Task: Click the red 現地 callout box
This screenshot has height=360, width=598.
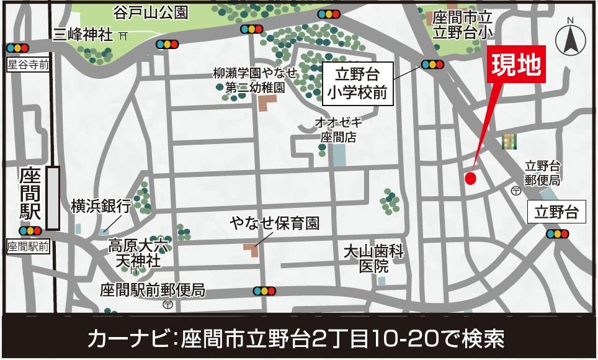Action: click(516, 65)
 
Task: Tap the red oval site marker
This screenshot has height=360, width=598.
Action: click(470, 179)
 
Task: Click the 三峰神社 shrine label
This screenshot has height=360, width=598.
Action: click(83, 35)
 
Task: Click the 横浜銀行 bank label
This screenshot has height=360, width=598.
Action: click(101, 205)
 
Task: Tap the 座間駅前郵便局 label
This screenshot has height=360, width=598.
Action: click(153, 290)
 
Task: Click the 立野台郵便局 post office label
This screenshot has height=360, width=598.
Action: click(542, 173)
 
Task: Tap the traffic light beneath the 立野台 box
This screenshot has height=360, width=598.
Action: click(557, 234)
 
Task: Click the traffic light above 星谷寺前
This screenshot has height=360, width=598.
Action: click(17, 48)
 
